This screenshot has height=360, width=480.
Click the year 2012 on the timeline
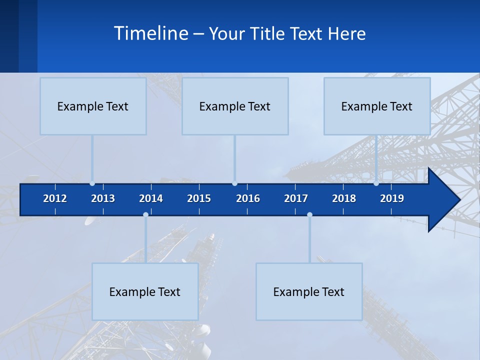(x=55, y=198)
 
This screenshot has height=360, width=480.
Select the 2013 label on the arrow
(x=103, y=198)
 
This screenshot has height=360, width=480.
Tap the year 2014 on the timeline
(x=151, y=198)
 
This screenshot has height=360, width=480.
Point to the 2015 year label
(x=199, y=198)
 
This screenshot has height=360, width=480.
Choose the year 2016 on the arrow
(x=248, y=198)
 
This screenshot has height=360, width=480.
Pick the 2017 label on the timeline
(x=296, y=198)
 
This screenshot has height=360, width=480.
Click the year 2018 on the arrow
(x=344, y=198)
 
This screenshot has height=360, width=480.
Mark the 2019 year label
(x=392, y=198)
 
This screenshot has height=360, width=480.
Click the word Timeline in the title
(x=150, y=33)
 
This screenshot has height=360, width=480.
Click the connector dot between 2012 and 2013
(x=92, y=183)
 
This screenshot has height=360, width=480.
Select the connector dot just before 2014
(x=145, y=215)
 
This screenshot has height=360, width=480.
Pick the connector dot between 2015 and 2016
(x=234, y=183)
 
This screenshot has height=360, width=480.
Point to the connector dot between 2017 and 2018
(x=309, y=215)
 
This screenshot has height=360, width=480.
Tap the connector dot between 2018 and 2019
(x=376, y=183)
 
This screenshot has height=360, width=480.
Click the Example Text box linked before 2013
(x=93, y=106)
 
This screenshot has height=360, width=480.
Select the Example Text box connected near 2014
(x=145, y=291)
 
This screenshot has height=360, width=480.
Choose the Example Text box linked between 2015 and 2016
(x=235, y=106)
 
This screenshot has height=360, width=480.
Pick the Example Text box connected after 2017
(x=309, y=291)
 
